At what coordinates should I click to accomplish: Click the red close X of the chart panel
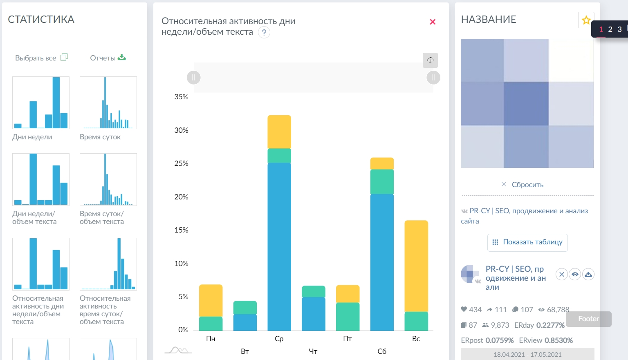coord(433,22)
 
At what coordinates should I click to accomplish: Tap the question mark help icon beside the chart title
coord(264,32)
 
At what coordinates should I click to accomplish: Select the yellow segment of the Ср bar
coord(279,132)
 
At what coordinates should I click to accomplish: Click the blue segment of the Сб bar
coord(382,262)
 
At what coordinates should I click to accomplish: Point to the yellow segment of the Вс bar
coord(416,266)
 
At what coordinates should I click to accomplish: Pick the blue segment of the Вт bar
coord(245,322)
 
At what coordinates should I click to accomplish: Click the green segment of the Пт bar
coord(348,316)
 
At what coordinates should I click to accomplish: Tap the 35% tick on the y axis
coord(181,97)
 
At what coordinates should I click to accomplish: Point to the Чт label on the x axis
coord(313,351)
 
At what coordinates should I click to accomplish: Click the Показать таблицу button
coord(527,242)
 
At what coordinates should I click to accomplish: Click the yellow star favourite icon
coord(586,20)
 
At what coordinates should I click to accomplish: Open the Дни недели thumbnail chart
coord(41,103)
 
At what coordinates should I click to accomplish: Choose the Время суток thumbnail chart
coord(108,103)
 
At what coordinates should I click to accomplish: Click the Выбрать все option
coord(41,58)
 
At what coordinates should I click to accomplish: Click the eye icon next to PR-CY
coord(575,274)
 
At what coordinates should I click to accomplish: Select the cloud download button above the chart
coord(430,60)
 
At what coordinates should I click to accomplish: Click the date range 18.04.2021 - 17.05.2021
coord(527,354)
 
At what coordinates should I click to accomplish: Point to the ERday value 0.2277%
coord(550,325)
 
